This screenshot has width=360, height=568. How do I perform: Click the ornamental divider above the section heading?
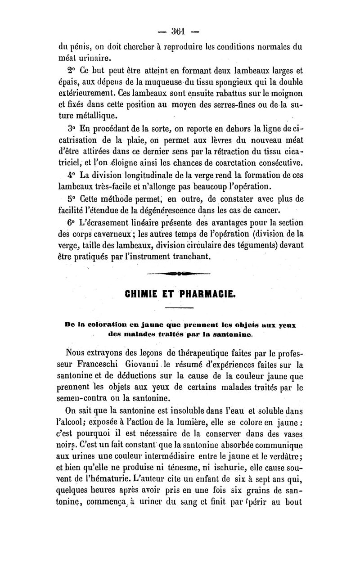[179, 273]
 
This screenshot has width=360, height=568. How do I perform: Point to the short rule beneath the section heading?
[179, 308]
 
